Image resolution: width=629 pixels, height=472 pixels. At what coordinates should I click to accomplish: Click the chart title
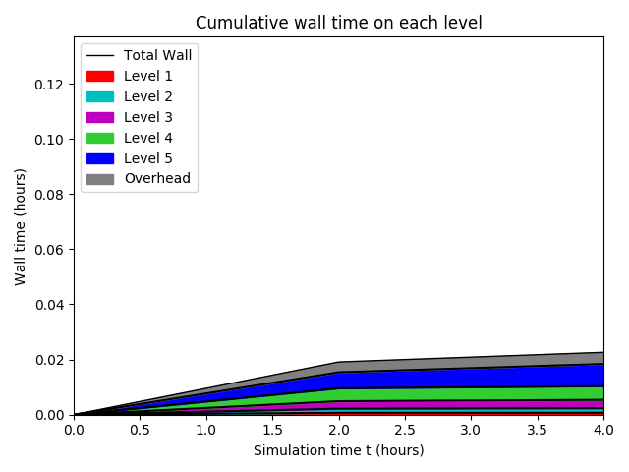[x=338, y=23]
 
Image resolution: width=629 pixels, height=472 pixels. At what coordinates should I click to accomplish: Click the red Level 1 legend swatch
[x=99, y=76]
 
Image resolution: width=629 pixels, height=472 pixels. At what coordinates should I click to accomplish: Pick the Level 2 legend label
[x=147, y=96]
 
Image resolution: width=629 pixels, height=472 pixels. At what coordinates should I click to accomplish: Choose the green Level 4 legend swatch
[x=99, y=138]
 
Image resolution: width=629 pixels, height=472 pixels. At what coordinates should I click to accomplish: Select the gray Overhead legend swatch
[x=99, y=179]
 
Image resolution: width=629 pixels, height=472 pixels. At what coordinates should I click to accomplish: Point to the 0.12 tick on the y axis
[x=50, y=85]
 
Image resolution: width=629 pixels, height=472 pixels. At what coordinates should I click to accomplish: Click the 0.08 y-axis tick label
[x=50, y=195]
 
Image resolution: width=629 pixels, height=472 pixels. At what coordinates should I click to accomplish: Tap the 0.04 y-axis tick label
[x=50, y=305]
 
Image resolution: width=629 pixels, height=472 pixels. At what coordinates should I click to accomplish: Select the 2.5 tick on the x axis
[x=404, y=430]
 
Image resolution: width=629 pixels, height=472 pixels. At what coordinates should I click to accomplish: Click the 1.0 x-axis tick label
[x=205, y=430]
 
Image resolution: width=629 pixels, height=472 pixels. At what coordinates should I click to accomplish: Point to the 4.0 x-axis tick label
[x=602, y=430]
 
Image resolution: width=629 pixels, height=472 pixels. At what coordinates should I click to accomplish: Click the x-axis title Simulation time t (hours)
[x=338, y=450]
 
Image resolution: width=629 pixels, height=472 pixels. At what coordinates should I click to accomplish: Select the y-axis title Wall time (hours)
[x=21, y=226]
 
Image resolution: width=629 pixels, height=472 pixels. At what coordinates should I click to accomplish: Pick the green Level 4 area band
[x=472, y=394]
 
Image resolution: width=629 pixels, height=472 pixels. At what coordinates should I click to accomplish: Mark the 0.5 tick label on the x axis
[x=140, y=430]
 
